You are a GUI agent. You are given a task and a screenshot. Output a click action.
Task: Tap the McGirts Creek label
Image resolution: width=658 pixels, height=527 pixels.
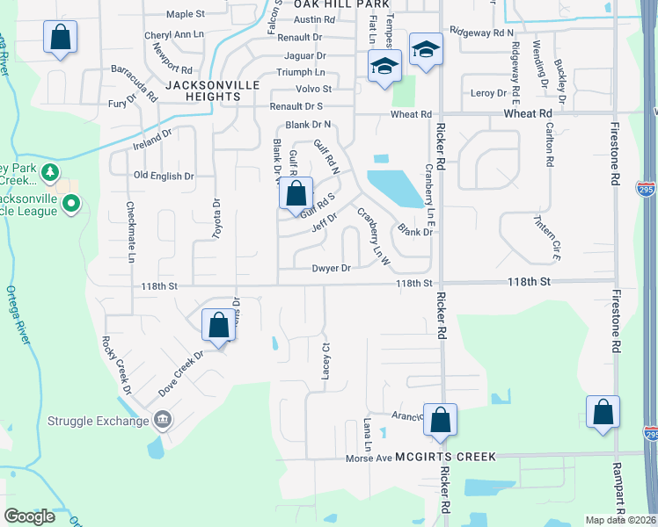(446, 457)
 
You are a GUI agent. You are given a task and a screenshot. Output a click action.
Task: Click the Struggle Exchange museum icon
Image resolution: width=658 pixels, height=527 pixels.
(162, 420)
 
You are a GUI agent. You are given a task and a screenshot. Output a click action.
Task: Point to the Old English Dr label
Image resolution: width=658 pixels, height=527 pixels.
(164, 177)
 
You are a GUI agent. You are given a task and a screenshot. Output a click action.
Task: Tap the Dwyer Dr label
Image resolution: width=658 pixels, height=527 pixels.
(332, 268)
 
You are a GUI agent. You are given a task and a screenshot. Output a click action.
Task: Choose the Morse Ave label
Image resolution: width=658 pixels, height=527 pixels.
(367, 458)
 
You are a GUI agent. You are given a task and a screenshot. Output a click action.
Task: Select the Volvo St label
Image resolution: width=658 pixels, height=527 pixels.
(314, 89)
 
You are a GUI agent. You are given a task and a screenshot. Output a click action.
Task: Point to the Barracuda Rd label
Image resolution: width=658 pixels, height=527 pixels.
(134, 83)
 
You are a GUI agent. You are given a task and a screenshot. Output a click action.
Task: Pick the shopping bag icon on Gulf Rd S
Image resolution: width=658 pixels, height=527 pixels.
(297, 194)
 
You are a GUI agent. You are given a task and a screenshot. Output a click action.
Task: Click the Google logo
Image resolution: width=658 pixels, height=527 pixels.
(30, 516)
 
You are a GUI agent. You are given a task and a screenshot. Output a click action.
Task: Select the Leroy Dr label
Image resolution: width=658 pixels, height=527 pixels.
(490, 93)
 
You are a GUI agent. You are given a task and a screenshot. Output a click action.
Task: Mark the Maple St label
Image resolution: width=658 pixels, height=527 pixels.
(185, 14)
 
